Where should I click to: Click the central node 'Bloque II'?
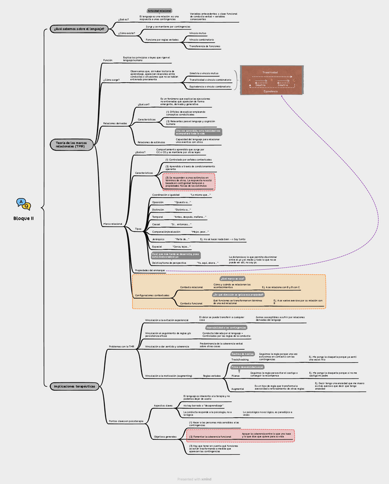click(x=23, y=218)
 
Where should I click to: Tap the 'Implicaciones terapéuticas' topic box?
click(x=74, y=386)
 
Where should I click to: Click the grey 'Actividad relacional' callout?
click(x=159, y=11)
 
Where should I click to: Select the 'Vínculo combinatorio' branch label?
click(x=201, y=39)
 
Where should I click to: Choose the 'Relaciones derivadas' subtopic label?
click(x=115, y=123)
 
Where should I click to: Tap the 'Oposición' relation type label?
click(x=157, y=202)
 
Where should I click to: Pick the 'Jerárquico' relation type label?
click(x=158, y=239)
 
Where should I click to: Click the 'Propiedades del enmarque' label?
click(x=149, y=269)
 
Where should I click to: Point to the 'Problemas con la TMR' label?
click(x=121, y=346)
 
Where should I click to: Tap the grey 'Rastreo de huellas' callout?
click(x=243, y=354)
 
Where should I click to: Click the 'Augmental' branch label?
click(x=237, y=388)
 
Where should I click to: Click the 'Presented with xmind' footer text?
click(x=194, y=479)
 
